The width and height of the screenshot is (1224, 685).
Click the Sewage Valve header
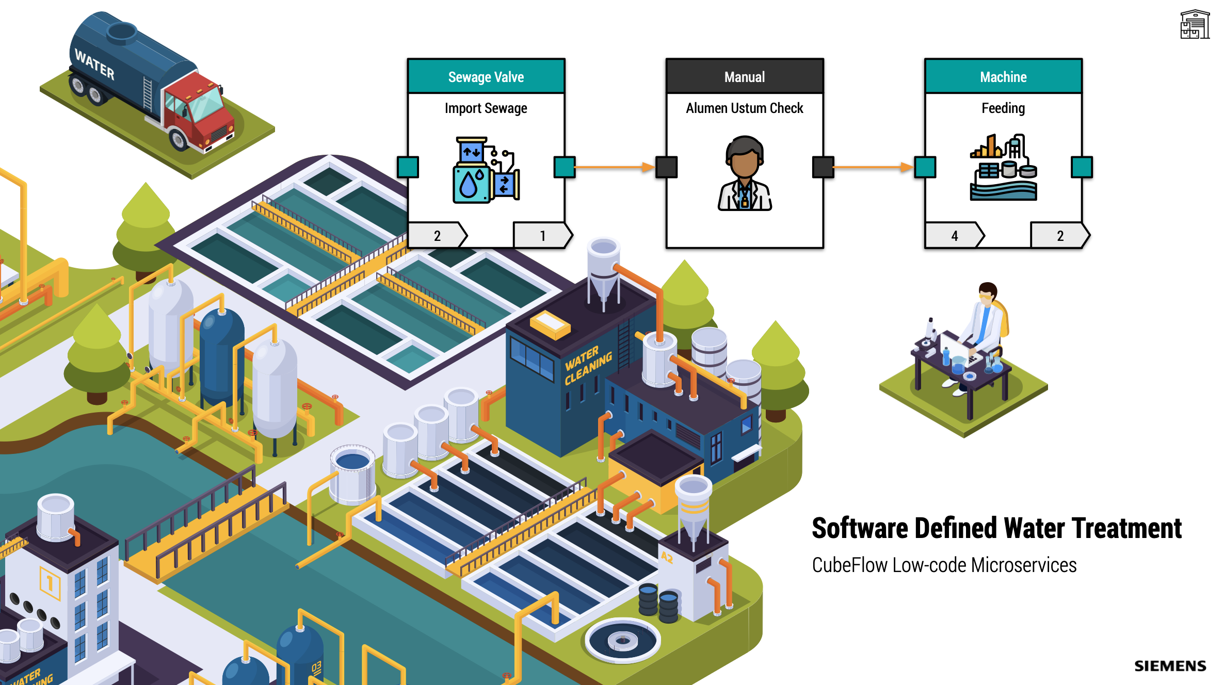pyautogui.click(x=486, y=77)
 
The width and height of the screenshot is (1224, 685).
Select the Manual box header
pyautogui.click(x=745, y=77)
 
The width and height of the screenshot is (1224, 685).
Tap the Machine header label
pyautogui.click(x=1003, y=77)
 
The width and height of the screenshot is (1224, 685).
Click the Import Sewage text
pyautogui.click(x=486, y=108)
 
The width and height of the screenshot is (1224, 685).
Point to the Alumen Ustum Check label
pyautogui.click(x=745, y=108)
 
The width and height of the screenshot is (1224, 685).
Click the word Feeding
pyautogui.click(x=1003, y=108)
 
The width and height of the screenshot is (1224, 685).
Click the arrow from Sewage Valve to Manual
pyautogui.click(x=614, y=167)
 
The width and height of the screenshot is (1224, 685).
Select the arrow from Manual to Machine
pyautogui.click(x=873, y=167)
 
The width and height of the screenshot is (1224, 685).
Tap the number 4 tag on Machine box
pyautogui.click(x=954, y=236)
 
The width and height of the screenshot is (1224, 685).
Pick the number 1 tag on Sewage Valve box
pyautogui.click(x=543, y=236)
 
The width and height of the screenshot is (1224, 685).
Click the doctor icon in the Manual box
pyautogui.click(x=745, y=173)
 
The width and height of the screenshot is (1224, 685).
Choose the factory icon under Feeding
pyautogui.click(x=1003, y=168)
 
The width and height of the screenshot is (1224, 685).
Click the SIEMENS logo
pyautogui.click(x=1170, y=666)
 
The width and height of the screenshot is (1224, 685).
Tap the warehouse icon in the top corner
pyautogui.click(x=1195, y=24)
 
